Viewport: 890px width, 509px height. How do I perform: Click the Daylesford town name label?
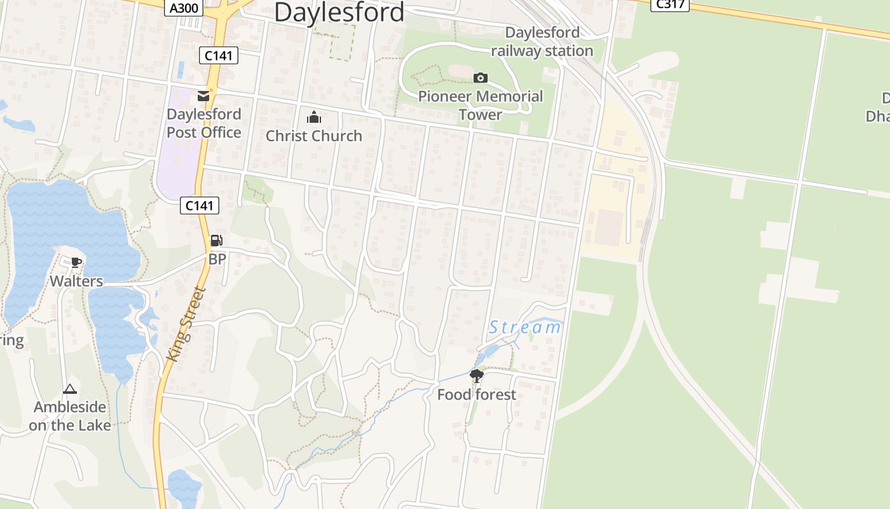click(x=339, y=12)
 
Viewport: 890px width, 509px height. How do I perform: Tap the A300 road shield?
click(x=184, y=8)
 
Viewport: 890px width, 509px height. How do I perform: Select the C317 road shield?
click(x=669, y=4)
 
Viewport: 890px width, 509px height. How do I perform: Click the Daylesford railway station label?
click(x=542, y=41)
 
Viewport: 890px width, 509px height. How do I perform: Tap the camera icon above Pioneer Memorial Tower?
click(x=481, y=78)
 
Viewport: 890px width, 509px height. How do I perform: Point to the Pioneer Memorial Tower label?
click(x=481, y=106)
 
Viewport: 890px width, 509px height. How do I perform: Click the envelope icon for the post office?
click(x=203, y=96)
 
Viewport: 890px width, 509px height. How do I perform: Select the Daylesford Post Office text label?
click(x=203, y=123)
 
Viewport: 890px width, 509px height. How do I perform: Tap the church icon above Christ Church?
click(x=314, y=117)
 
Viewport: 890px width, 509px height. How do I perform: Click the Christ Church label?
click(x=314, y=136)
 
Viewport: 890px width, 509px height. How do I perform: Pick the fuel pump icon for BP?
click(x=217, y=241)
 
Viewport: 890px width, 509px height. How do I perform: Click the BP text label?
click(x=217, y=259)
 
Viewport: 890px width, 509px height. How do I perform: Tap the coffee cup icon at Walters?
click(x=76, y=262)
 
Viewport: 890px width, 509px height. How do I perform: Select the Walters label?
click(x=76, y=281)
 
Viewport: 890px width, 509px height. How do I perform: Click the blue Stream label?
click(x=525, y=328)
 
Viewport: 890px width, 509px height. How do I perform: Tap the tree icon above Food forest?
click(x=476, y=376)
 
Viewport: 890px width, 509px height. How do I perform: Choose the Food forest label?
click(x=477, y=394)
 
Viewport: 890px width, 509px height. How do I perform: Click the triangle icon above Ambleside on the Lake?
click(x=70, y=389)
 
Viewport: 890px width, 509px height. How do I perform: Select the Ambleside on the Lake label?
click(x=70, y=416)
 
